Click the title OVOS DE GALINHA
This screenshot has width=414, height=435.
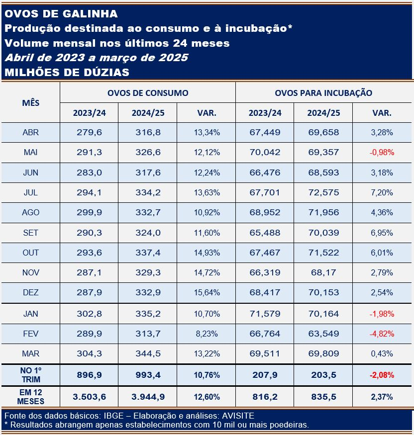coord(61,14)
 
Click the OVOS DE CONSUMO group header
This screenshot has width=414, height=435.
coord(148,93)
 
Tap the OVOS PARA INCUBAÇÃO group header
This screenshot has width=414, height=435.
coord(323,93)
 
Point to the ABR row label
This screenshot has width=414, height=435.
coord(30,132)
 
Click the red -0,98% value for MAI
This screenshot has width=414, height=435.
coord(382,152)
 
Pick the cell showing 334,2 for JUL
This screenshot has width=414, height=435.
coord(148,192)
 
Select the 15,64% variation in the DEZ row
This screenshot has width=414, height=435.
coord(207,292)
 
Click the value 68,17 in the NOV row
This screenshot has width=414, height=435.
coord(323,272)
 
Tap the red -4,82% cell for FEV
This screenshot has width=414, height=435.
coord(382,334)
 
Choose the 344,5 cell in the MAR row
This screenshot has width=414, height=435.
coord(148,353)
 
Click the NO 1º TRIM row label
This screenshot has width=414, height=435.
coord(30,375)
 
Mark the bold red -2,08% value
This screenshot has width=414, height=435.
coord(382,375)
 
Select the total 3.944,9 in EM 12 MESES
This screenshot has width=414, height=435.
coord(148,397)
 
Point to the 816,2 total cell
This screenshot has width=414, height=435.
coord(265,397)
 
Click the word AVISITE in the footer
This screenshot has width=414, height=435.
coord(238,416)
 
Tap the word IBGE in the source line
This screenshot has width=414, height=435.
coord(113,416)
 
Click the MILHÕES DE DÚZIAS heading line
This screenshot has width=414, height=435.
coord(67,73)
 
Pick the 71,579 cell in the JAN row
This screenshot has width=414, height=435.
coord(265,314)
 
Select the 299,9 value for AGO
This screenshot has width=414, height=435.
coord(90,212)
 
